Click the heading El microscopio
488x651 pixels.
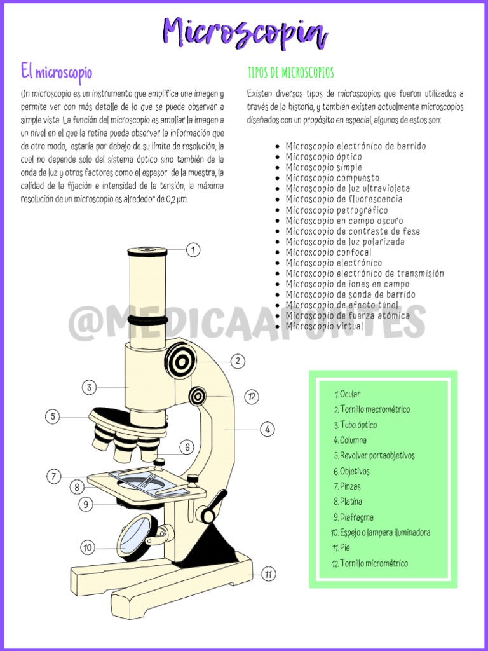tap(56, 71)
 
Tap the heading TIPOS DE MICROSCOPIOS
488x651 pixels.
tap(290, 72)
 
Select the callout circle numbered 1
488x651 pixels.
tap(193, 250)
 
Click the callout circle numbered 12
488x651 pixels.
tap(252, 397)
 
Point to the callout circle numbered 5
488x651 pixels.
tap(53, 417)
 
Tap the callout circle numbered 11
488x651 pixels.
tap(269, 574)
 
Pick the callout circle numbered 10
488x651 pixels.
tap(88, 547)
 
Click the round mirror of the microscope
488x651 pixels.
tap(138, 537)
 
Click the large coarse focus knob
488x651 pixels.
tap(182, 362)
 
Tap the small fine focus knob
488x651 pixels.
tap(198, 397)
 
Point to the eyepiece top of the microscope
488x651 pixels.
tap(147, 252)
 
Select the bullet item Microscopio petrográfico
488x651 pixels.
tap(336, 210)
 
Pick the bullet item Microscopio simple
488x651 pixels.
tap(323, 167)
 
